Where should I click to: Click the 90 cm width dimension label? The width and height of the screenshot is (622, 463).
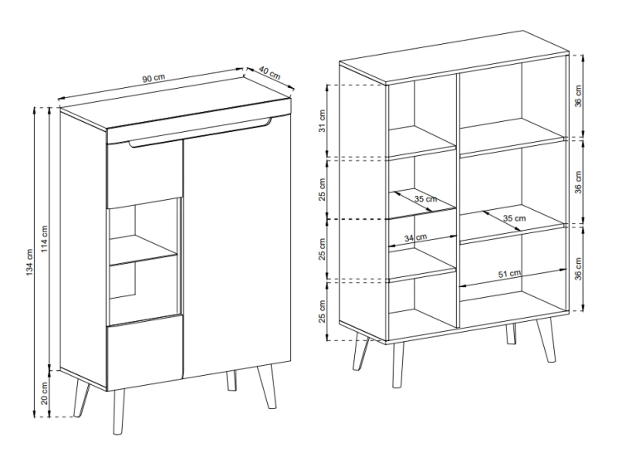click(x=153, y=78)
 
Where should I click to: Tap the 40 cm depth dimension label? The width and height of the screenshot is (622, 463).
click(x=270, y=73)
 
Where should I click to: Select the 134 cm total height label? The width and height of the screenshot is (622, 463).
click(x=30, y=262)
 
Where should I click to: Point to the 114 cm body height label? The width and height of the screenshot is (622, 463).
click(x=44, y=239)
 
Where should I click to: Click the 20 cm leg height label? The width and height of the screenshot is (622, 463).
click(x=44, y=392)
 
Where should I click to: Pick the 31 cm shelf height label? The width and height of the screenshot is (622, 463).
click(x=322, y=120)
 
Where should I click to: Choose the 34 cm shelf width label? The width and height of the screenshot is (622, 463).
click(x=415, y=237)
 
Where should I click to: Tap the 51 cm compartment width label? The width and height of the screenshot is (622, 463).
click(x=510, y=274)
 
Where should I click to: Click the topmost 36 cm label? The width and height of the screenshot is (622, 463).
click(x=578, y=96)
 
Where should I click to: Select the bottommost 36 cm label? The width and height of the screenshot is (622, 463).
click(x=578, y=269)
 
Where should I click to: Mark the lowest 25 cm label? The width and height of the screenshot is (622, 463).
click(x=322, y=311)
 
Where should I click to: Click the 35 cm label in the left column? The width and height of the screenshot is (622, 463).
click(x=425, y=198)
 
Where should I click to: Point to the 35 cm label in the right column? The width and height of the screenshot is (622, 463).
click(x=514, y=218)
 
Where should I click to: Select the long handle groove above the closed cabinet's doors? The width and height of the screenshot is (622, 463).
click(x=201, y=132)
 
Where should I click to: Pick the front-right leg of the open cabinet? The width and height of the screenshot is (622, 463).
click(x=547, y=339)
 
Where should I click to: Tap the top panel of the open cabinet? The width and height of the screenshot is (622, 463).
click(x=454, y=57)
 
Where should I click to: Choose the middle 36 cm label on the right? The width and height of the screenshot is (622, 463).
click(x=578, y=182)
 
